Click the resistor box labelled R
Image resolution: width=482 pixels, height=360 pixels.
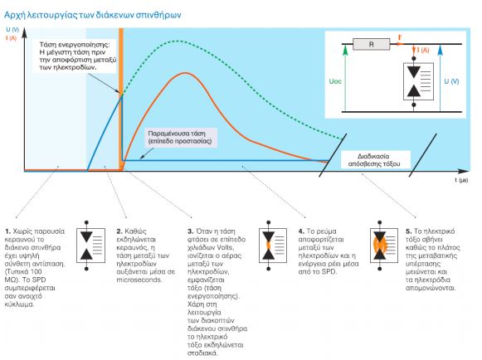[x=372, y=44]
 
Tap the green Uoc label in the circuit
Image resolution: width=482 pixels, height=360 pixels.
[x=335, y=81]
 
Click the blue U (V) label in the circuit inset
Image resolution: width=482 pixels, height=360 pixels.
[x=451, y=81]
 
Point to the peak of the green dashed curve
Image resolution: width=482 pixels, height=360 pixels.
[x=177, y=41]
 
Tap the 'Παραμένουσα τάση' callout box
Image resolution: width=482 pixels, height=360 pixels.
[x=181, y=138]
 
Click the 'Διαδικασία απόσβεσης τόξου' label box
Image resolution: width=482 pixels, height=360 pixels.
[x=374, y=160]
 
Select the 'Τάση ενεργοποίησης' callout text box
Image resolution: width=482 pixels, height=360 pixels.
[x=74, y=56]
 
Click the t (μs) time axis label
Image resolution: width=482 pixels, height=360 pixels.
[x=461, y=180]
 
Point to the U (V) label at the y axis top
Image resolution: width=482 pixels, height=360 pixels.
[x=12, y=30]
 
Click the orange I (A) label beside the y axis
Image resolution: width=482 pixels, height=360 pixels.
[x=11, y=38]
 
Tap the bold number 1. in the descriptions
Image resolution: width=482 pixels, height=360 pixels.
[x=8, y=231]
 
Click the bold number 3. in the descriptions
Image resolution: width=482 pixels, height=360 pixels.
[x=191, y=231]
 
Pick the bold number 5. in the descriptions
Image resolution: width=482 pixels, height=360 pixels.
[x=408, y=231]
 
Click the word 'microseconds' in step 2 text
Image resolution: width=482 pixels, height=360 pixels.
[x=139, y=280]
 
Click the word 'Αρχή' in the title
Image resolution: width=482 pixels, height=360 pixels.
[x=14, y=16]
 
